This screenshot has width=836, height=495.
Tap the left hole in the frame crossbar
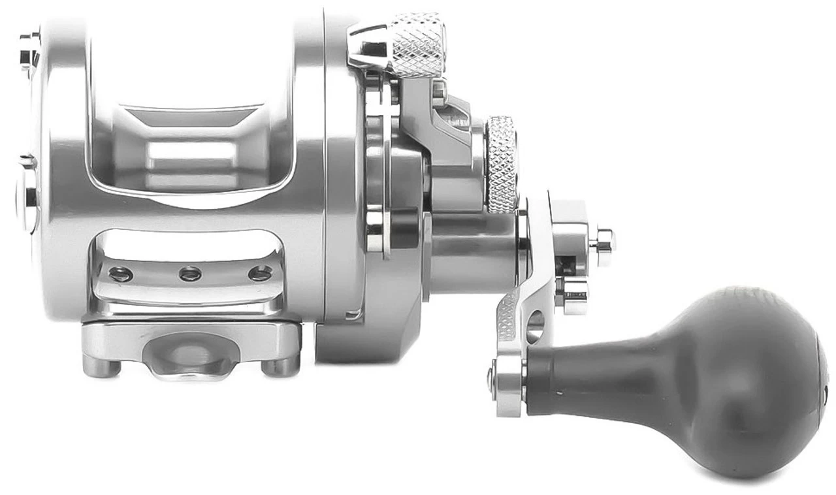tap(121, 274)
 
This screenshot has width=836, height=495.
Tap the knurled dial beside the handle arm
tap(502, 163)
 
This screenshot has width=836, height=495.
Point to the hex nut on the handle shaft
tap(602, 240)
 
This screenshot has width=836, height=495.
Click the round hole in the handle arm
tap(534, 325)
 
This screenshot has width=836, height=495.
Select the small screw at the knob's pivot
tap(490, 377)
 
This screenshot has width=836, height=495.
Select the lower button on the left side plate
tap(27, 196)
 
